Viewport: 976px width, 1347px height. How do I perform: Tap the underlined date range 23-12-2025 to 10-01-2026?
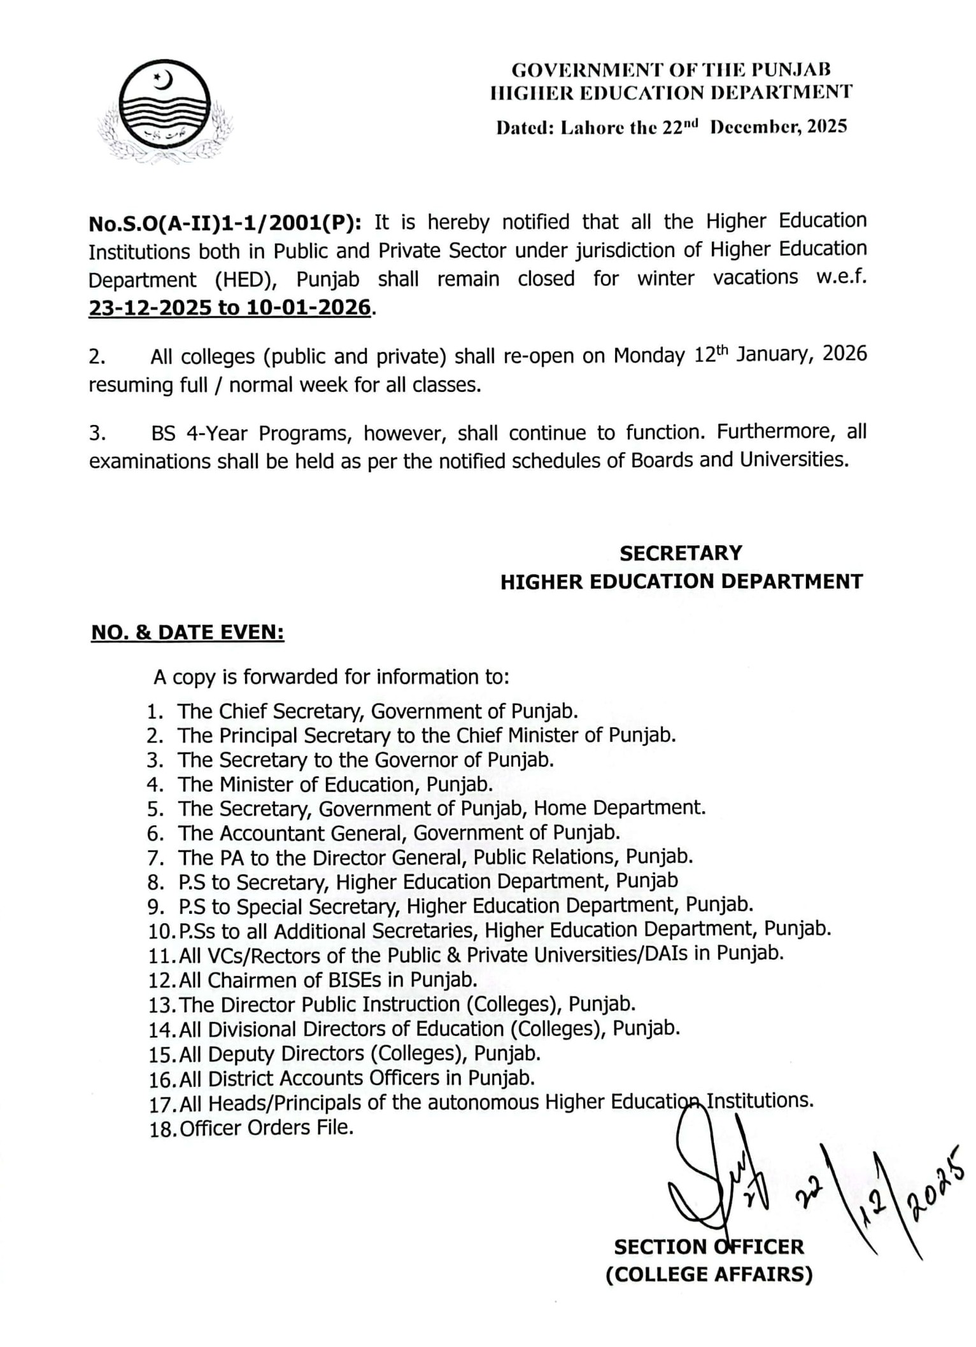(229, 308)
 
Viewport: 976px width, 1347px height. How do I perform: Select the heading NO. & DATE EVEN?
(188, 632)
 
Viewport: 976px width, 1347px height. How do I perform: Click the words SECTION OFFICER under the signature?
(709, 1246)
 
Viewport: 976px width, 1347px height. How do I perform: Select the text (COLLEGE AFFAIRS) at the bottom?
(709, 1274)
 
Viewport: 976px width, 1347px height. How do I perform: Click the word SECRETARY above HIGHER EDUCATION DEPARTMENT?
(681, 553)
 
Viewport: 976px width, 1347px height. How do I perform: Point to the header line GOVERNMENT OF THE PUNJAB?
(671, 69)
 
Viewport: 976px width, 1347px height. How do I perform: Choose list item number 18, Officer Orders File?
(266, 1128)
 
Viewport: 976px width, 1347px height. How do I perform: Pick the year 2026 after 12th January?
(845, 354)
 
